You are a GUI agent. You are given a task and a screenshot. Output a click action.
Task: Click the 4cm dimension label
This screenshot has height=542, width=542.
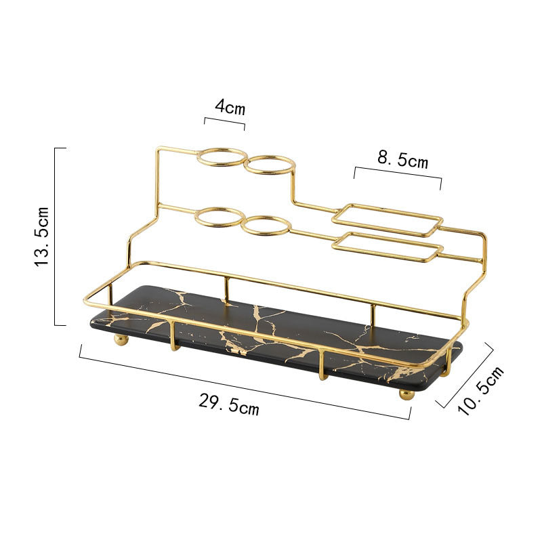tap(230, 106)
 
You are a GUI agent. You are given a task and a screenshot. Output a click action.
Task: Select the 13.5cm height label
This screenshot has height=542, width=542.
tap(42, 236)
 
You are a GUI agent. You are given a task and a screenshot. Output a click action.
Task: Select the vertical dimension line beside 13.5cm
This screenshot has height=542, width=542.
tap(56, 236)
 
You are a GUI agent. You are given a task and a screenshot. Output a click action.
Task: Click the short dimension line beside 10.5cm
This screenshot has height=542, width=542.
tap(467, 375)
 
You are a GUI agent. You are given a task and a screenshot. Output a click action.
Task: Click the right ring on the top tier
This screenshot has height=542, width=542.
tap(270, 165)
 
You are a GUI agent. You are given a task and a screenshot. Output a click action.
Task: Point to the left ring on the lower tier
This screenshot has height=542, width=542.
tap(220, 217)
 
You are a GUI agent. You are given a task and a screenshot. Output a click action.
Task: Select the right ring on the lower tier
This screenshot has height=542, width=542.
tap(266, 226)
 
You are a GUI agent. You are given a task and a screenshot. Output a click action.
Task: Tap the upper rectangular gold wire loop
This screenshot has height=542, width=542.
tap(388, 220)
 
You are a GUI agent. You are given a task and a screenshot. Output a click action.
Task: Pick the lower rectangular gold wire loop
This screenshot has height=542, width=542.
tap(388, 247)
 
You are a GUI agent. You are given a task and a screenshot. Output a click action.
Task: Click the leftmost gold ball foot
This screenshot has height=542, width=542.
tap(121, 339)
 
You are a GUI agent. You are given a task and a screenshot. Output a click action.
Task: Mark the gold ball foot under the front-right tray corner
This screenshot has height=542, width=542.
tap(406, 394)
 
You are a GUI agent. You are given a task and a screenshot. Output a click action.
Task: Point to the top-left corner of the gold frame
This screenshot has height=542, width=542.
tap(157, 149)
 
